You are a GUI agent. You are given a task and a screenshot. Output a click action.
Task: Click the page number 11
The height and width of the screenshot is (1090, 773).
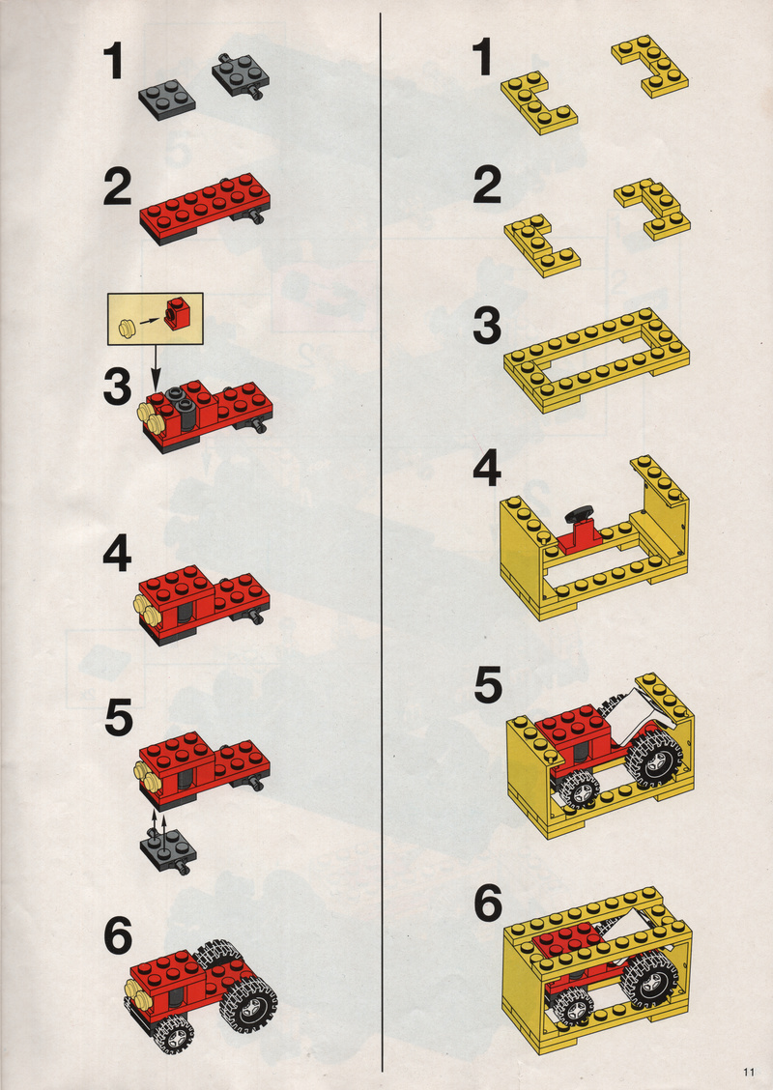pyautogui.click(x=748, y=1072)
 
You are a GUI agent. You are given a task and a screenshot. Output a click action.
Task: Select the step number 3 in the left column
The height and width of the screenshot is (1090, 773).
pyautogui.click(x=117, y=387)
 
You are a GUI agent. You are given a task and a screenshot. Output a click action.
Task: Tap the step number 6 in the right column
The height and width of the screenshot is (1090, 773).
pyautogui.click(x=489, y=904)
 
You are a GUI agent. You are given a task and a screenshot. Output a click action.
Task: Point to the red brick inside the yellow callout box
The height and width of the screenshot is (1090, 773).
pyautogui.click(x=177, y=312)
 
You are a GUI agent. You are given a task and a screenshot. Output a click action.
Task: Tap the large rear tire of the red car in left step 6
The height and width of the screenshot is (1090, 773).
pyautogui.click(x=247, y=1002)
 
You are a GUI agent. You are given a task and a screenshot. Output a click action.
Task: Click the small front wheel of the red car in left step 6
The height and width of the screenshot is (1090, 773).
pyautogui.click(x=173, y=1034)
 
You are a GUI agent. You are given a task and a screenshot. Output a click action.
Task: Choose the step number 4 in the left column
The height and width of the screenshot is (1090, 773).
pyautogui.click(x=117, y=556)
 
